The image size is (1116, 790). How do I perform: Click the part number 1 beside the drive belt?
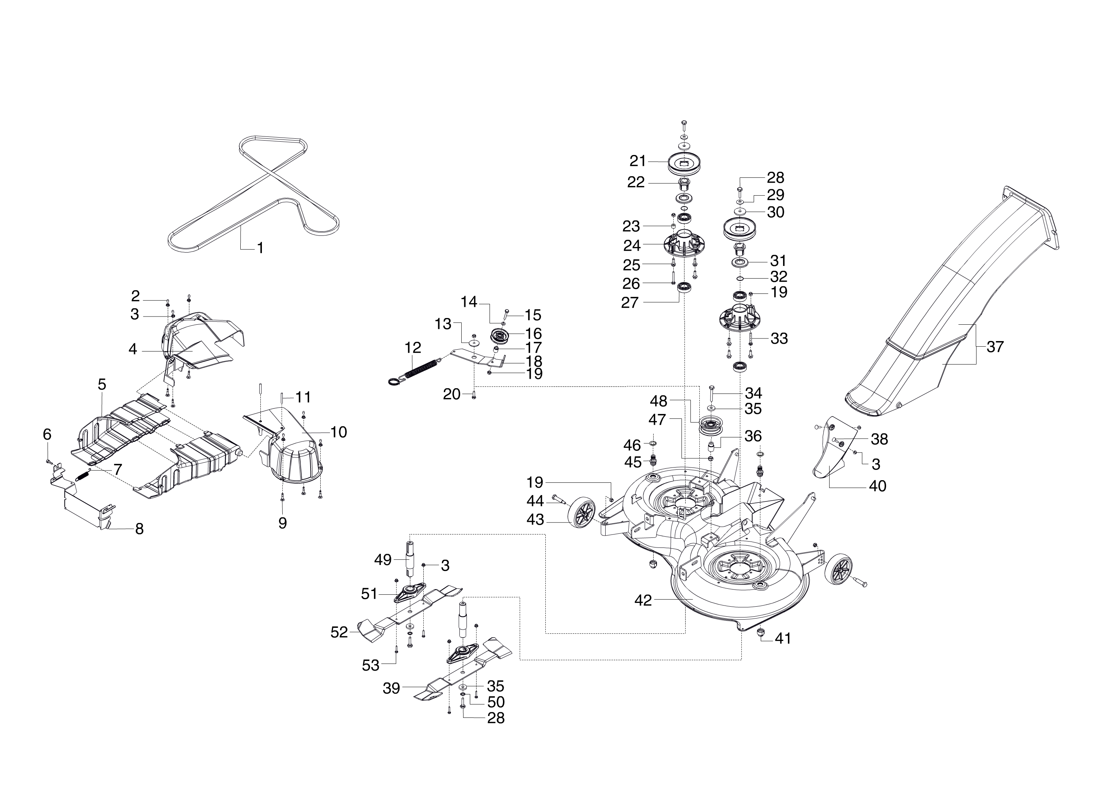pyautogui.click(x=260, y=248)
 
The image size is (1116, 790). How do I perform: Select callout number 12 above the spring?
pyautogui.click(x=413, y=347)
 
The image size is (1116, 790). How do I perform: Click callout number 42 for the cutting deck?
pyautogui.click(x=643, y=600)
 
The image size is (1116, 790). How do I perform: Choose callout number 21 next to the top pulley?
pyautogui.click(x=637, y=161)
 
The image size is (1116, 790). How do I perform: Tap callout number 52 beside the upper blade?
pyautogui.click(x=339, y=632)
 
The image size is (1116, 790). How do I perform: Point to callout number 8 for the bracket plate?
pyautogui.click(x=139, y=529)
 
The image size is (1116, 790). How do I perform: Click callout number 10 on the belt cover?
pyautogui.click(x=339, y=431)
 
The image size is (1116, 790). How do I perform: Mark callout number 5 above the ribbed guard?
pyautogui.click(x=102, y=384)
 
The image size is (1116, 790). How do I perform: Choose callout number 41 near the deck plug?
pyautogui.click(x=783, y=638)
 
